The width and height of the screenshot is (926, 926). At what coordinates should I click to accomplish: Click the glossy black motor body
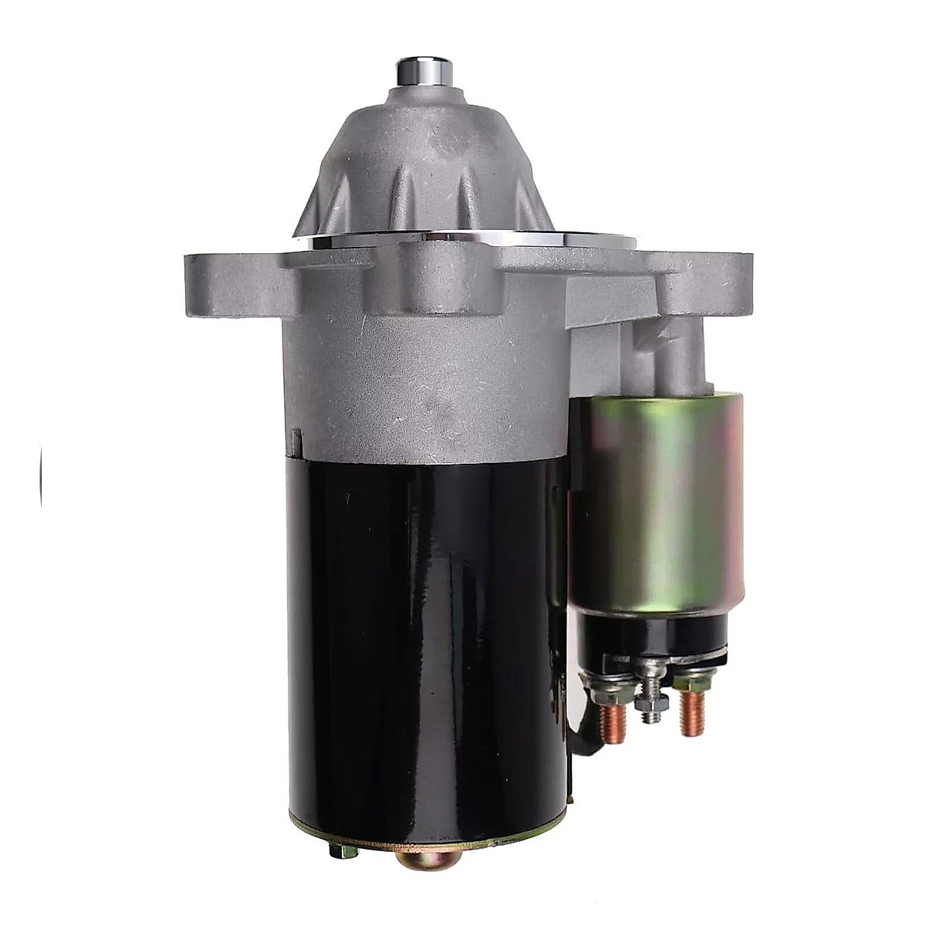pyautogui.click(x=424, y=633)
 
